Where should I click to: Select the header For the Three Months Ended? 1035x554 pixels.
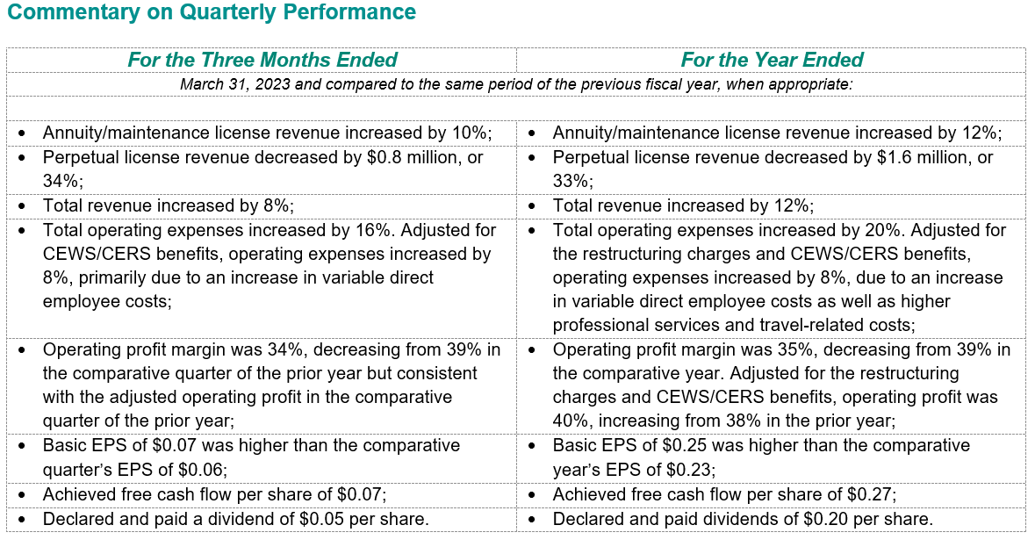262,61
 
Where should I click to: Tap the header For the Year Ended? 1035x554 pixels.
772,61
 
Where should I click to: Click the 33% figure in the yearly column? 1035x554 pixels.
571,182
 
